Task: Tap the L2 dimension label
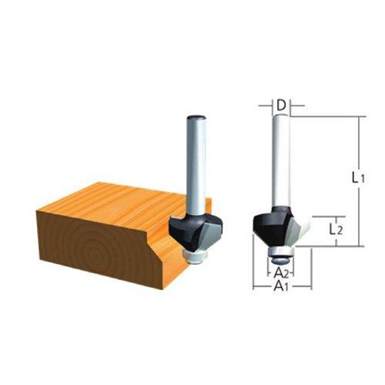click(333, 229)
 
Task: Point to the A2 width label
click(282, 270)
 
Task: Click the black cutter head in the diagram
click(270, 225)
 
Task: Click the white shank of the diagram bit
click(281, 162)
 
